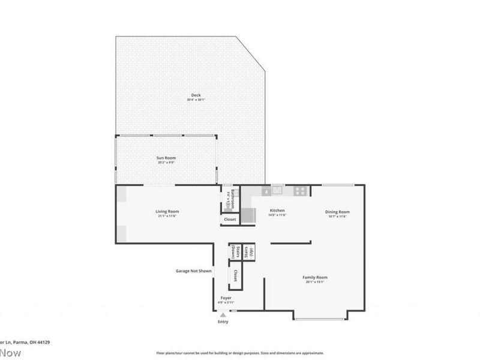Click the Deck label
[196, 95]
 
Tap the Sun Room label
[166, 158]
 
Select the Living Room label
[167, 211]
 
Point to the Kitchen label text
[277, 211]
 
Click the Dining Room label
[337, 212]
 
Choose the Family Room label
[314, 278]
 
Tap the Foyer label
[226, 298]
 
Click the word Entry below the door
[223, 322]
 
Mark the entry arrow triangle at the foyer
[223, 314]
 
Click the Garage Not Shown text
[193, 271]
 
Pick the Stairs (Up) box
[251, 252]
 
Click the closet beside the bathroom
[230, 220]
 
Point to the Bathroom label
[232, 199]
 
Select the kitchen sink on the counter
[277, 190]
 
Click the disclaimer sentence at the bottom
[240, 353]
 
